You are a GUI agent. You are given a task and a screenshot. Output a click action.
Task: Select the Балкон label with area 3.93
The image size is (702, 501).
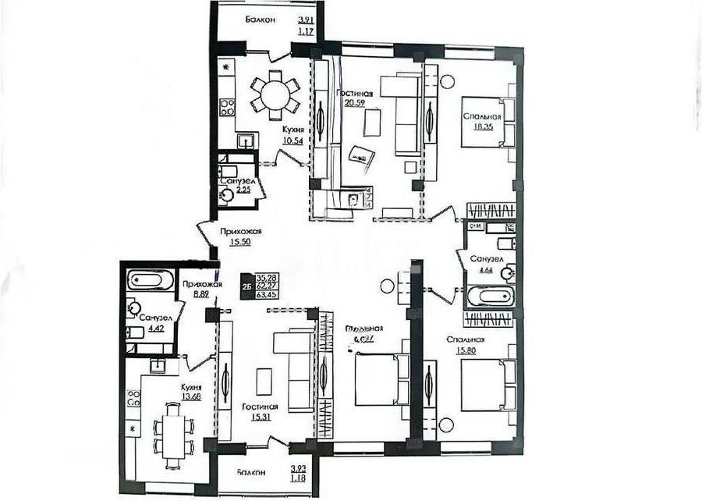coord(243,472)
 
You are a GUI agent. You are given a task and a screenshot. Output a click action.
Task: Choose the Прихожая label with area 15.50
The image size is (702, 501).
coord(239,232)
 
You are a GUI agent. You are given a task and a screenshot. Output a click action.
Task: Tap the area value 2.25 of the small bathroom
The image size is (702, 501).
coord(235,190)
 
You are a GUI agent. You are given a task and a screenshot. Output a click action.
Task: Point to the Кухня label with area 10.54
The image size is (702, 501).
coord(293,130)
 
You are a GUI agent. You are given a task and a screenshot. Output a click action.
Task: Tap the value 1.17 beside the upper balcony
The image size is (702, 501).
coord(305,32)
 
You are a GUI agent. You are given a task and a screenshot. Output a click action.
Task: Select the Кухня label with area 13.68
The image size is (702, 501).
coord(192,387)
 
